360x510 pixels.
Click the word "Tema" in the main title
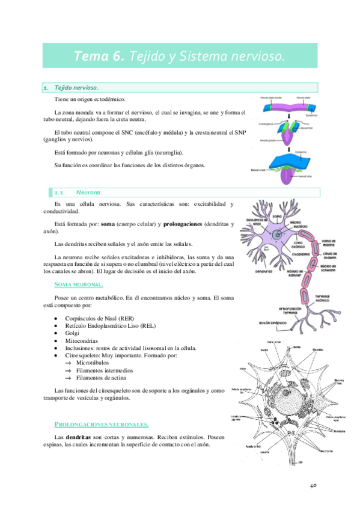click(91, 56)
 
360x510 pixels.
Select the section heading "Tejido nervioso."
click(77, 88)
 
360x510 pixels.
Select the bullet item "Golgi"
click(72, 333)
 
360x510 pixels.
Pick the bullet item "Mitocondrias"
click(82, 340)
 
